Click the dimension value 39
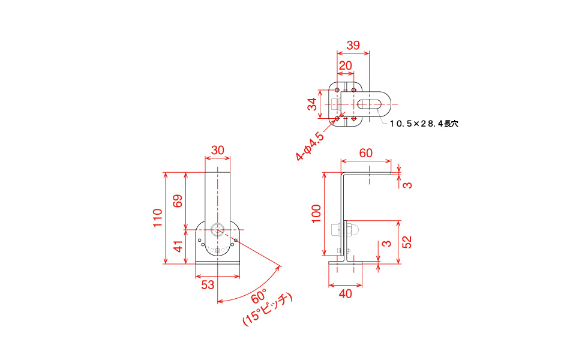click(353, 46)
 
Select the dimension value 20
click(346, 66)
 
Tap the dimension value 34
click(312, 104)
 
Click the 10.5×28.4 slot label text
click(424, 124)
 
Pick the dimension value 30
click(217, 150)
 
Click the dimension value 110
click(158, 218)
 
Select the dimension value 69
click(178, 201)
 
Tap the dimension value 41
click(178, 247)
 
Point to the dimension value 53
click(208, 285)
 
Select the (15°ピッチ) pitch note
click(268, 309)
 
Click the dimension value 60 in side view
click(366, 153)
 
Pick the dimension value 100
click(317, 214)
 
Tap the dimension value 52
click(408, 242)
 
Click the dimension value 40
click(346, 293)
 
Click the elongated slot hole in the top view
click(369, 104)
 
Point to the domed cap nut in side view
click(353, 230)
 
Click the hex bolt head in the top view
click(335, 104)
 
